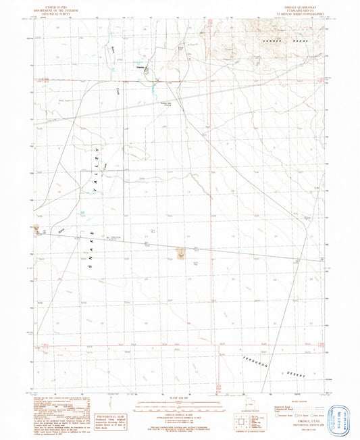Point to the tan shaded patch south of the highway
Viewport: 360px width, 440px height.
click(180, 253)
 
